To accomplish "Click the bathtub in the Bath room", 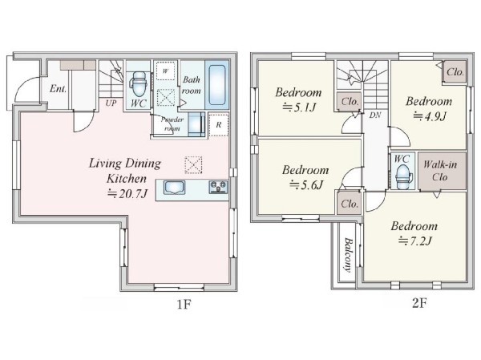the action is pyautogui.click(x=217, y=85).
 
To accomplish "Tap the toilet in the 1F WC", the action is pyautogui.click(x=139, y=84).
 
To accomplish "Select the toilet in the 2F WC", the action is pyautogui.click(x=402, y=176).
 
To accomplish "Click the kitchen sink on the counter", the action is pyautogui.click(x=174, y=187).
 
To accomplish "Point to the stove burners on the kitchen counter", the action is pyautogui.click(x=218, y=187).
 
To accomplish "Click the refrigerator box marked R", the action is pyautogui.click(x=218, y=124).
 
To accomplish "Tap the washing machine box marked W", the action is pyautogui.click(x=165, y=71).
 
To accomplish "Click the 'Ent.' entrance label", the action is pyautogui.click(x=58, y=89).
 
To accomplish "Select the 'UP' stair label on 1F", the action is pyautogui.click(x=111, y=103).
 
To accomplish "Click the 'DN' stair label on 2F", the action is pyautogui.click(x=375, y=115).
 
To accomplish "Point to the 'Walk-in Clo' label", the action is pyautogui.click(x=440, y=171).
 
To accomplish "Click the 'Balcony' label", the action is pyautogui.click(x=347, y=255).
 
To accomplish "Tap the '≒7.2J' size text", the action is pyautogui.click(x=415, y=241).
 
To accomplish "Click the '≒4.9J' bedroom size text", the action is pyautogui.click(x=430, y=116).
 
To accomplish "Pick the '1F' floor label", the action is pyautogui.click(x=184, y=305).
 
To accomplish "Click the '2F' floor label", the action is pyautogui.click(x=419, y=303).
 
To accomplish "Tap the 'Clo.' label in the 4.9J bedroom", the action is pyautogui.click(x=455, y=72).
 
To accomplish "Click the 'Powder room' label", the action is pyautogui.click(x=172, y=123).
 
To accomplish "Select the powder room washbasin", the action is pyautogui.click(x=196, y=124).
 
